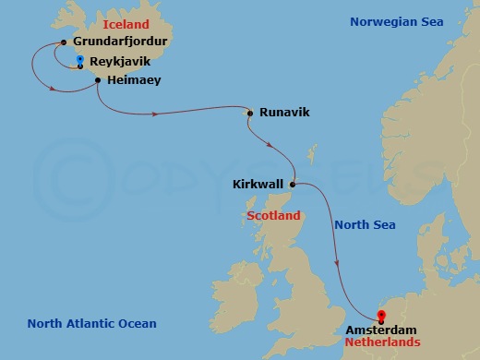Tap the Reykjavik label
coord(120,62)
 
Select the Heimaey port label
coord(134,81)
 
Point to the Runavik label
coord(283,114)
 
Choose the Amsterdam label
coord(381,330)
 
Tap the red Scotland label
coord(274,216)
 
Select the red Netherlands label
coord(382,342)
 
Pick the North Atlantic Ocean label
coord(91,324)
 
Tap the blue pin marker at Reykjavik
coord(80,61)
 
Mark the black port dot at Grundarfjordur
coord(63,42)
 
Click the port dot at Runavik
coord(249,114)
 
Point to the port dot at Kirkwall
coord(294,185)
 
